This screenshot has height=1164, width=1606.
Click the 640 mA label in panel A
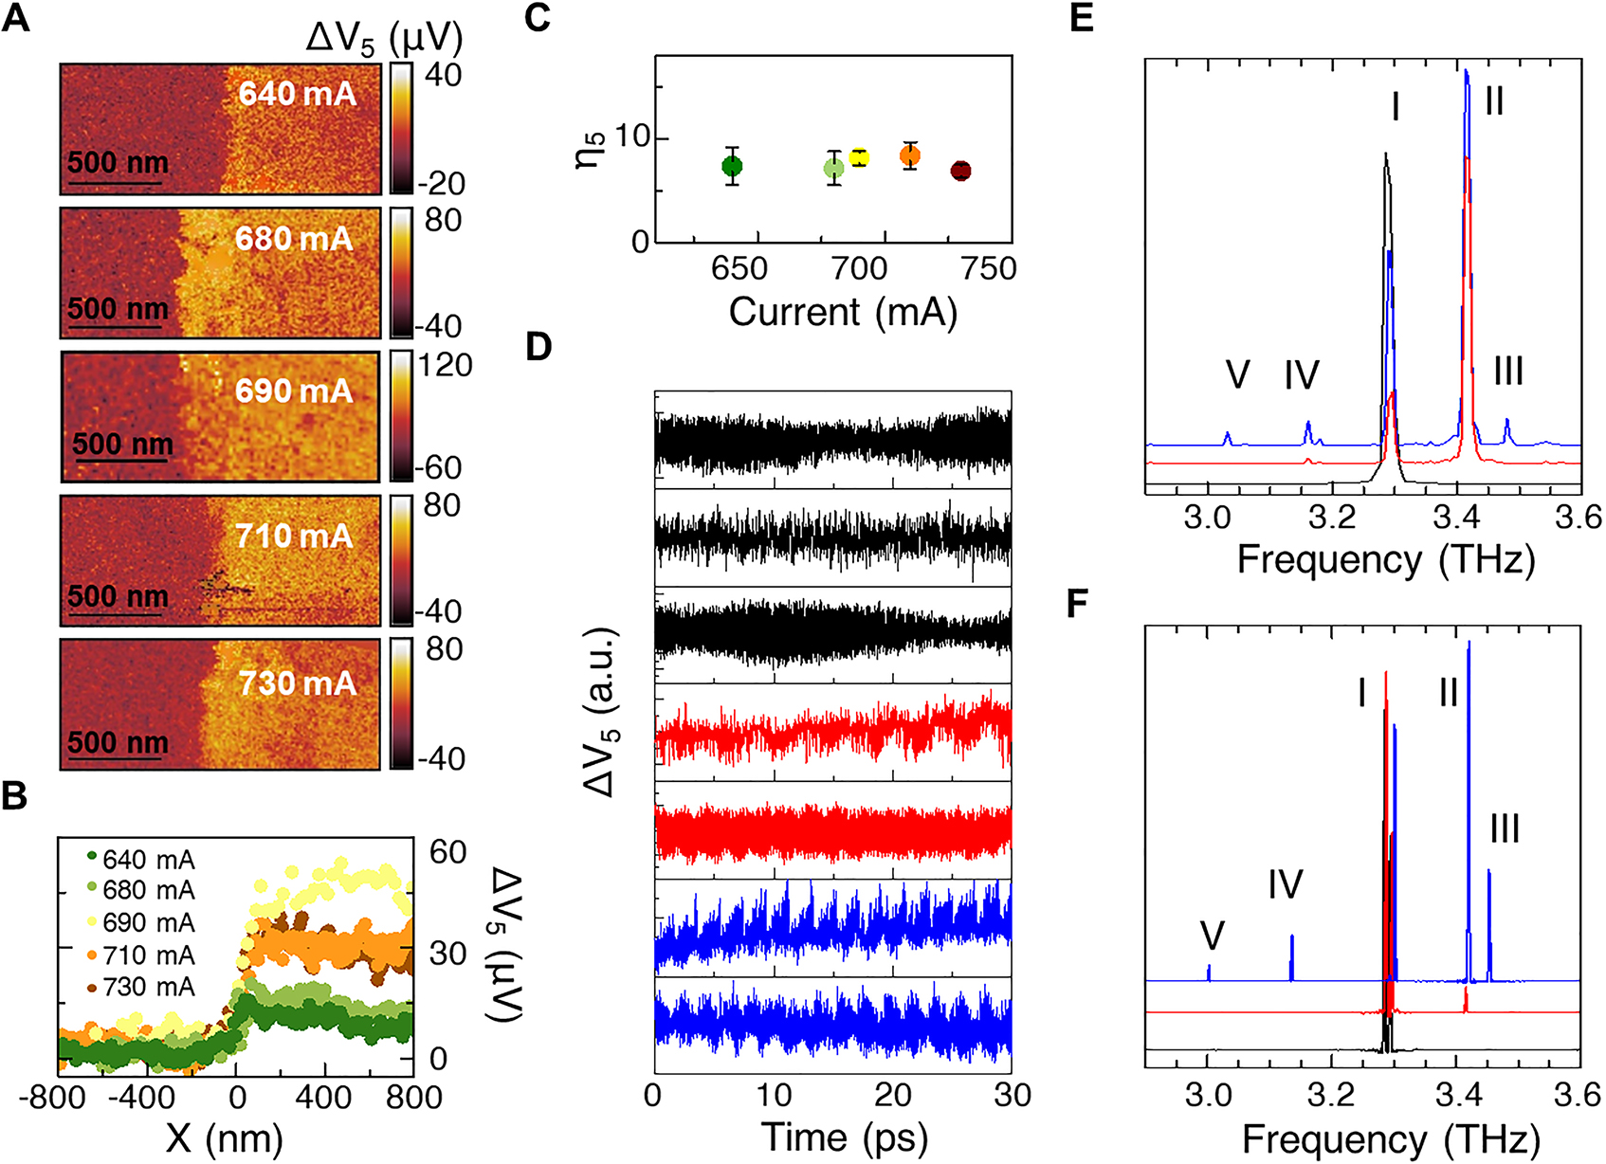pyautogui.click(x=297, y=94)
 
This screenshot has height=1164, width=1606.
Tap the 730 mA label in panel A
pyautogui.click(x=297, y=682)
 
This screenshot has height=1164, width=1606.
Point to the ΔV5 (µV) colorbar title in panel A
pyautogui.click(x=384, y=39)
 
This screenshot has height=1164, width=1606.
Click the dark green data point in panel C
pyautogui.click(x=732, y=166)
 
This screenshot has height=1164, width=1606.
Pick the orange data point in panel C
pyautogui.click(x=909, y=156)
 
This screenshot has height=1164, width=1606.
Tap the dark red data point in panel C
pyautogui.click(x=960, y=171)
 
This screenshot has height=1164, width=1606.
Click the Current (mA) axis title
pyautogui.click(x=843, y=312)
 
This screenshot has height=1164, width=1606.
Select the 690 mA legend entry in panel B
pyautogui.click(x=148, y=922)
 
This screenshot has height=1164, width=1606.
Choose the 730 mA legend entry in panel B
pyautogui.click(x=148, y=987)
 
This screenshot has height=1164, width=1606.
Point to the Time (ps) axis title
pyautogui.click(x=844, y=1137)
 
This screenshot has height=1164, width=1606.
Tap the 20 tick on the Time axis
pyautogui.click(x=892, y=1096)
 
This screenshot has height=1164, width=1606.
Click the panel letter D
pyautogui.click(x=538, y=347)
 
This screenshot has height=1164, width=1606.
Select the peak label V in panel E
pyautogui.click(x=1237, y=375)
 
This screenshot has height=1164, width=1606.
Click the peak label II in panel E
pyautogui.click(x=1494, y=100)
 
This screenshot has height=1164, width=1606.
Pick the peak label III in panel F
pyautogui.click(x=1505, y=829)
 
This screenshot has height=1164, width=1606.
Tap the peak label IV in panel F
pyautogui.click(x=1285, y=884)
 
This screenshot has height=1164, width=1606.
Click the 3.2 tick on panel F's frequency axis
pyautogui.click(x=1331, y=1096)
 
